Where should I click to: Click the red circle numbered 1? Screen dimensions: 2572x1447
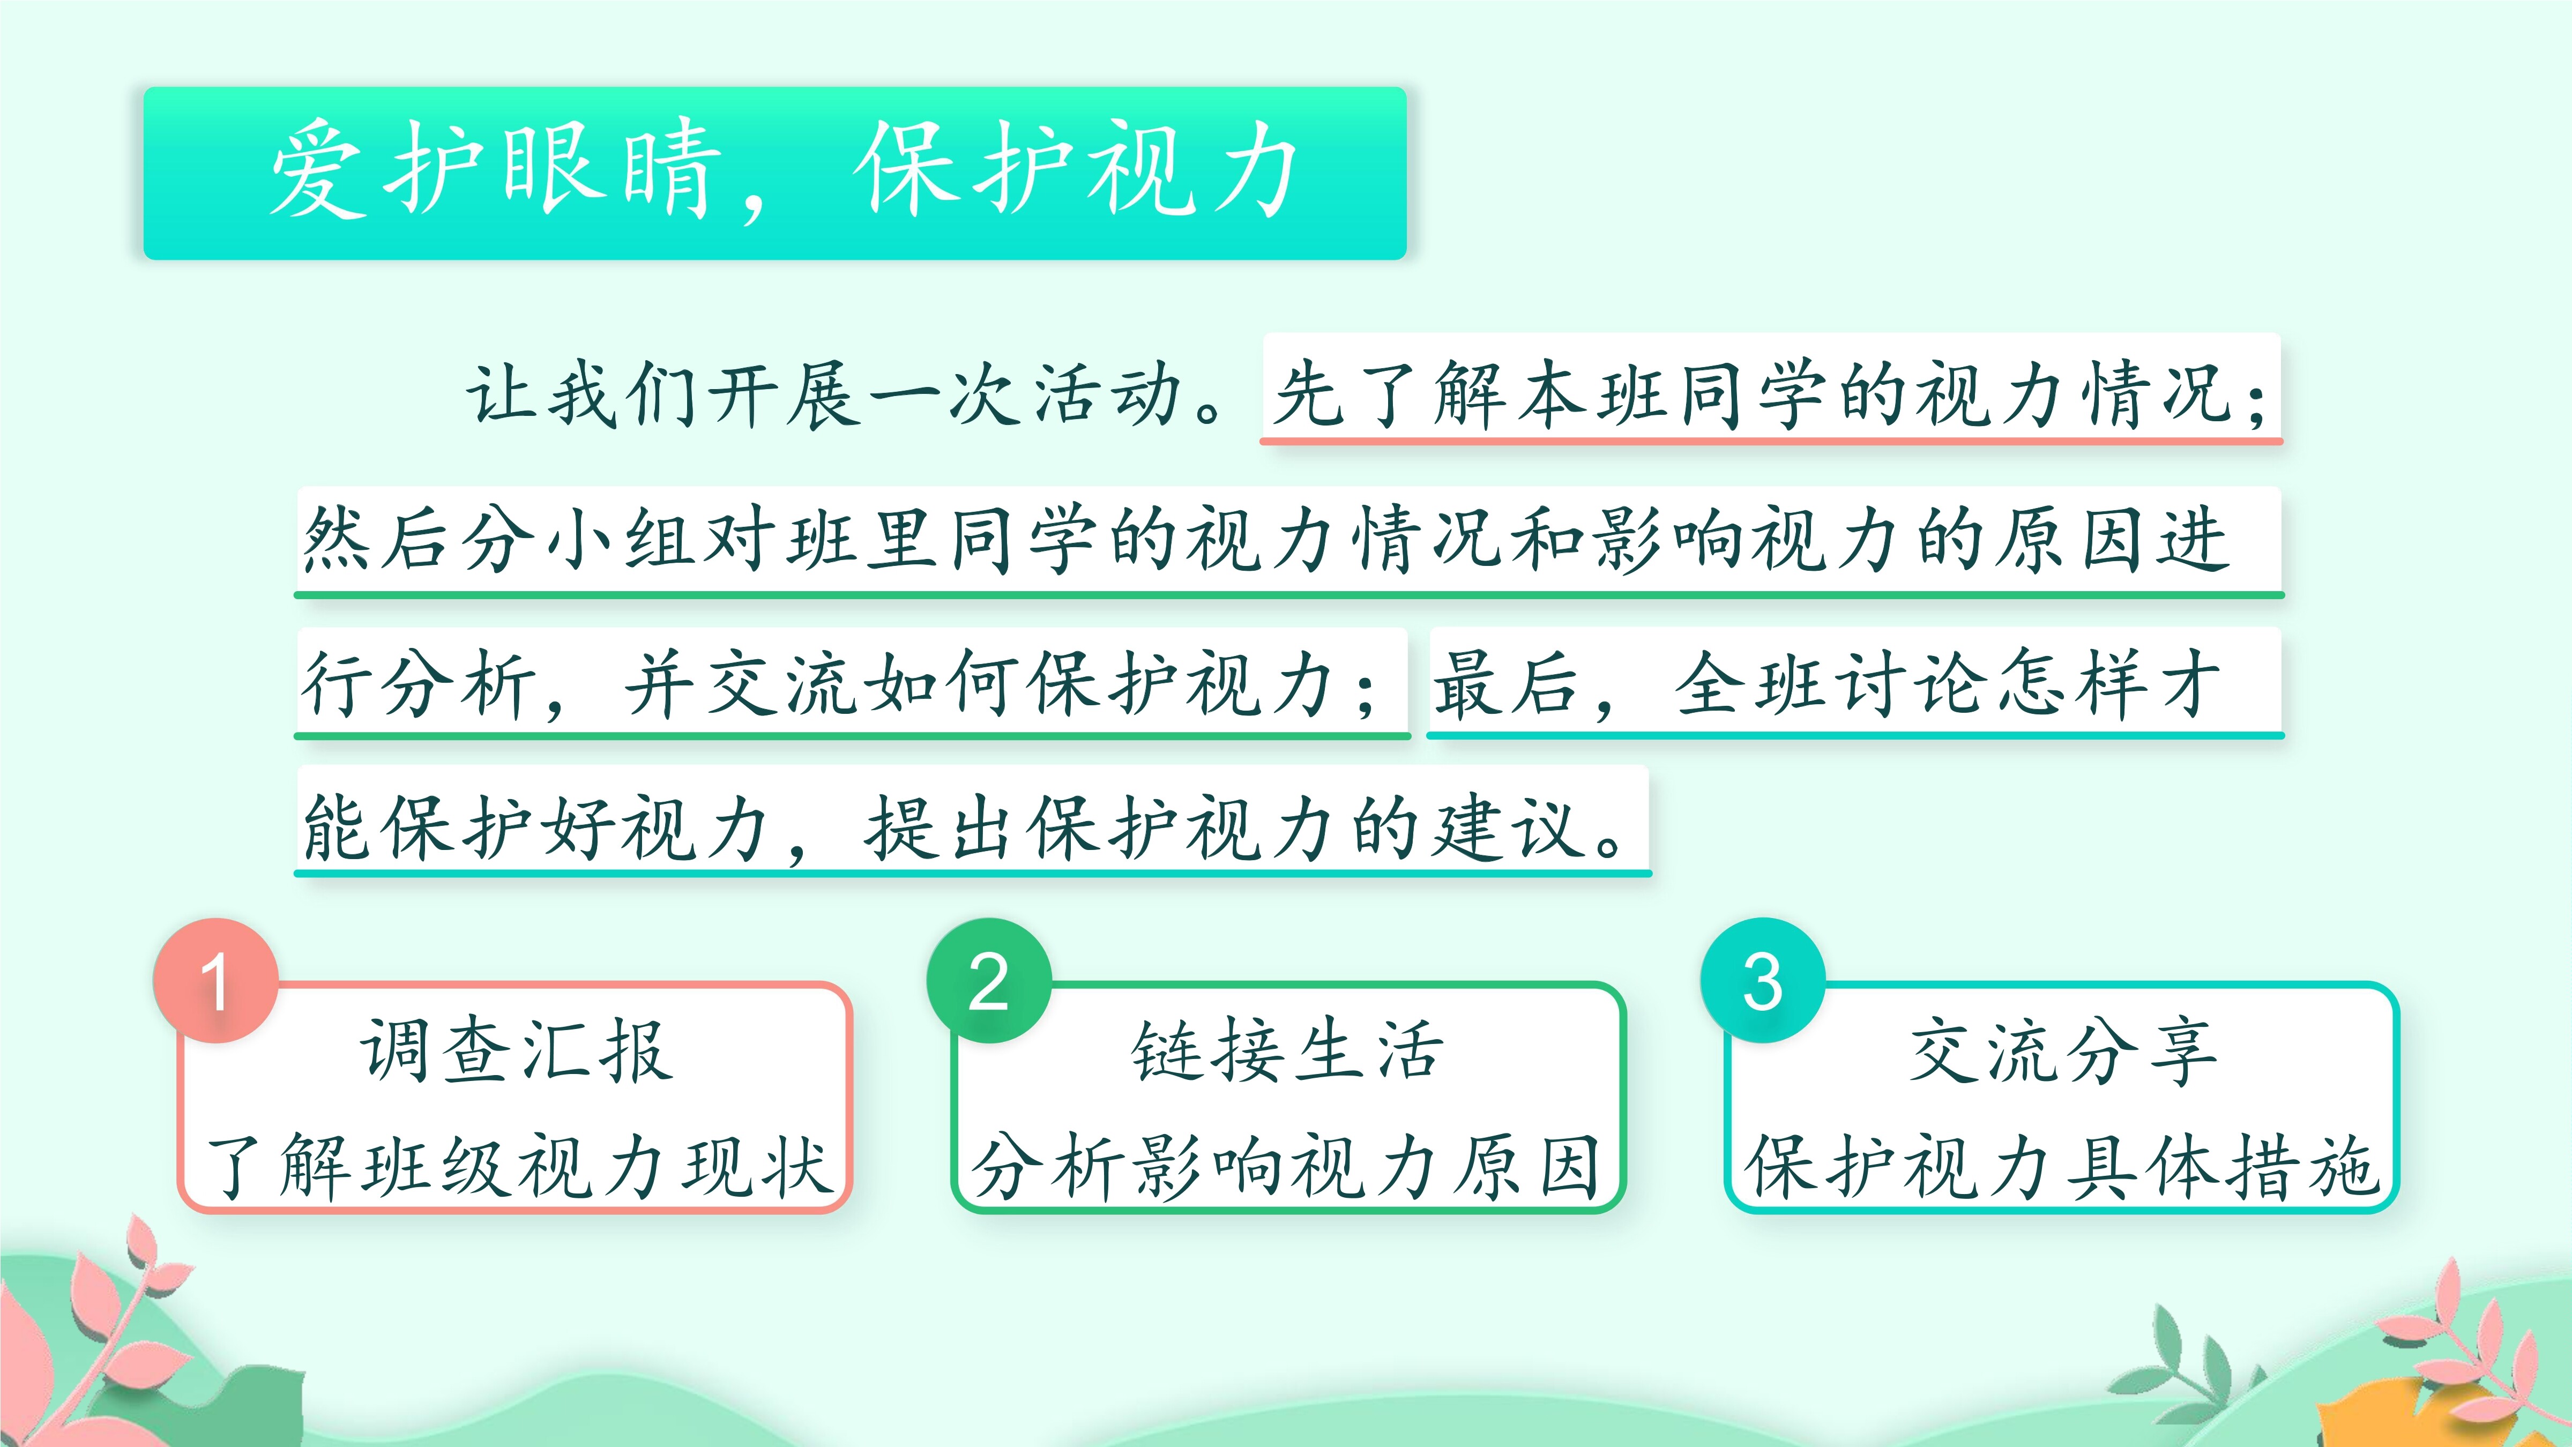click(215, 981)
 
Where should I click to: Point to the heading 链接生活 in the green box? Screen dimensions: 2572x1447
click(1288, 1051)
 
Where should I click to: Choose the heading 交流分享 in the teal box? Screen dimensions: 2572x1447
click(2063, 1051)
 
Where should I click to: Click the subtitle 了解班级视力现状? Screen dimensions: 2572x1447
click(517, 1166)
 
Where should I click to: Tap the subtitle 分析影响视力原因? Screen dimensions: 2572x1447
click(1288, 1166)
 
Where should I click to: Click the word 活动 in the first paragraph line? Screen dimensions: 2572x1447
click(1108, 394)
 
